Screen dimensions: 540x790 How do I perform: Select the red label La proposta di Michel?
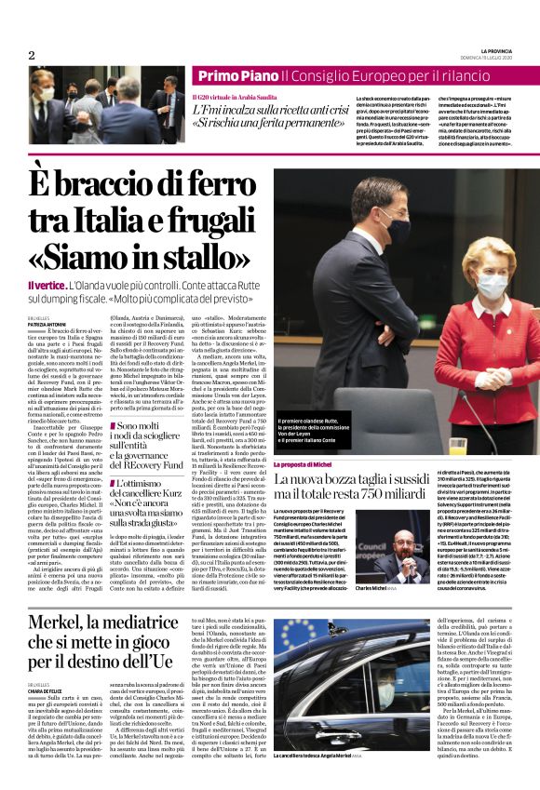(x=303, y=463)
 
